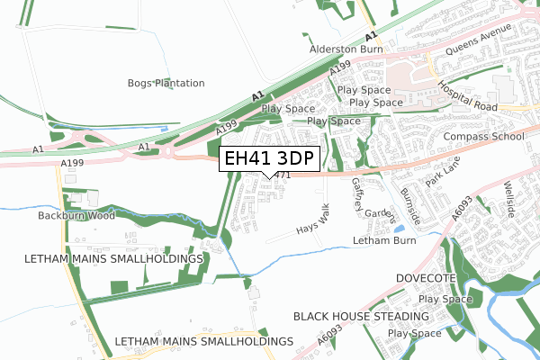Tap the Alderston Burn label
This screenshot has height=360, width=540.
(x=346, y=50)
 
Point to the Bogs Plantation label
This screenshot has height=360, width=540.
(x=166, y=83)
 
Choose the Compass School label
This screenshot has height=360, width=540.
(x=484, y=137)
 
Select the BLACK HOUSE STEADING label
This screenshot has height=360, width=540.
(x=361, y=317)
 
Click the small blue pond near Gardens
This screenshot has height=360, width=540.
(x=399, y=229)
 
